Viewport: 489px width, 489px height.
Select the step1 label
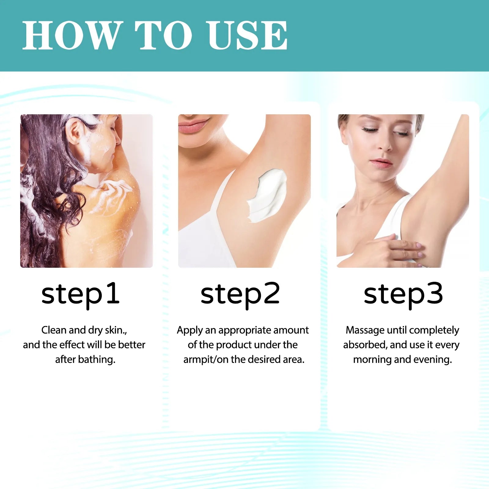80,295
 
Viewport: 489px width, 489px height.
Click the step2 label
240,295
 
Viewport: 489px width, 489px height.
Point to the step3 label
403,295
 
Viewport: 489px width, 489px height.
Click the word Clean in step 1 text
54,330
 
